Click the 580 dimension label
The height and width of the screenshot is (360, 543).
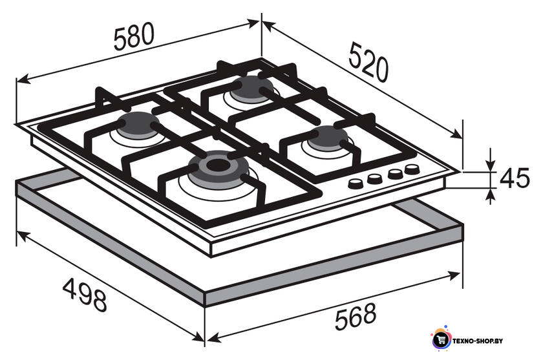(x=134, y=36)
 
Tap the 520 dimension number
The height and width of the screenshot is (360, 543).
(x=368, y=63)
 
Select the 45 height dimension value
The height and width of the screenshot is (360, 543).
(x=515, y=178)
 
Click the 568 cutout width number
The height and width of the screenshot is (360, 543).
(x=356, y=316)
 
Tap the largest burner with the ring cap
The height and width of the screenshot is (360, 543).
(x=218, y=168)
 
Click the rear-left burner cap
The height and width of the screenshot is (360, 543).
(x=138, y=125)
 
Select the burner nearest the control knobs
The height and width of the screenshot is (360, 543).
(x=327, y=138)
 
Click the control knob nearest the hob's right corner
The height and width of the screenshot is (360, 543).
(x=412, y=169)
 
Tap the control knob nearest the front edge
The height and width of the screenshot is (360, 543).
(x=356, y=183)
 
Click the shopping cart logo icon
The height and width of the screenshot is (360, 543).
(x=441, y=340)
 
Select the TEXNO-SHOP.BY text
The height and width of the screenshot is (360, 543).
(x=477, y=341)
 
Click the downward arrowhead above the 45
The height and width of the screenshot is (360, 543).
(x=490, y=165)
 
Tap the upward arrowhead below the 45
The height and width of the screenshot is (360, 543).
(x=490, y=195)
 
